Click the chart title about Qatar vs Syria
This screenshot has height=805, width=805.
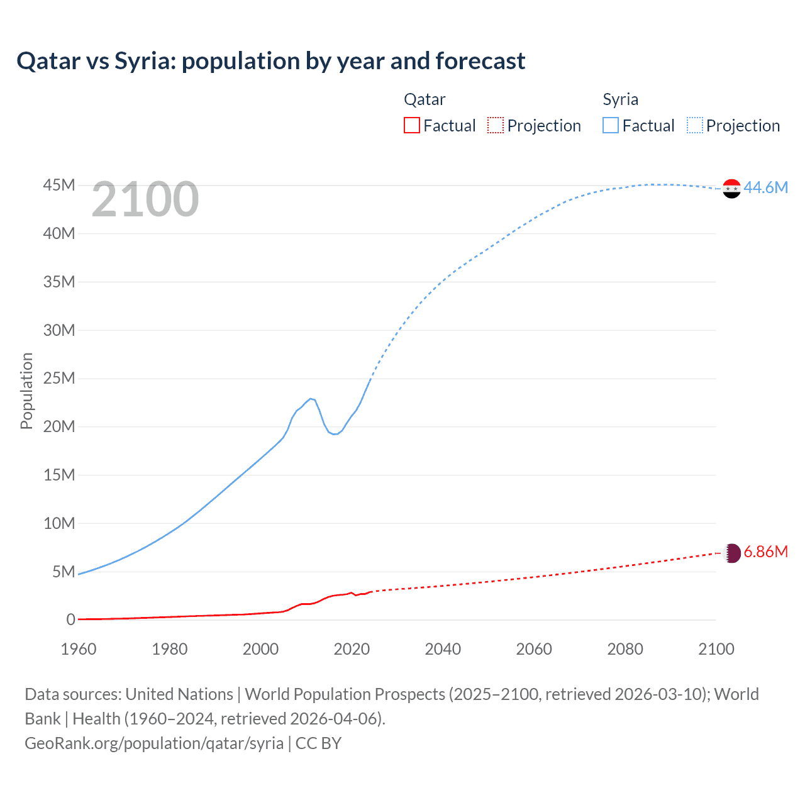270,61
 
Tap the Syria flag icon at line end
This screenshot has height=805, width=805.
731,188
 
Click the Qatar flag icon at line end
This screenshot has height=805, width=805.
731,553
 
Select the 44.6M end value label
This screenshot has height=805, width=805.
765,187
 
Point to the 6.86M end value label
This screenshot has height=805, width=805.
765,552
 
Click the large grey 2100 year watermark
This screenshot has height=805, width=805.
145,199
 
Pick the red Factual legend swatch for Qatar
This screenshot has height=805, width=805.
411,126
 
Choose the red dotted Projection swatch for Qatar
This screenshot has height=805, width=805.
496,126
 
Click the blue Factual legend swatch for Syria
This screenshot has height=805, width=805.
610,126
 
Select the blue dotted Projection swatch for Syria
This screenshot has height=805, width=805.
694,126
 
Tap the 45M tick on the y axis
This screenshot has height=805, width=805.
59,186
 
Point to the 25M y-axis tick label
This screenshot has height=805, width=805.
59,379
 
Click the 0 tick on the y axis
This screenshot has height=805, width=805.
70,620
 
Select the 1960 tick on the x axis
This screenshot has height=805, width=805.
79,649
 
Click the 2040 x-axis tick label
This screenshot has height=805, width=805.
443,649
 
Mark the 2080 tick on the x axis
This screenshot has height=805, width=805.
625,649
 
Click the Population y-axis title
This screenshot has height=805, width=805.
26,391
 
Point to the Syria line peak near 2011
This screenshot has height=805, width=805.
311,398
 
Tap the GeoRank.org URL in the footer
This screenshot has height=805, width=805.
154,743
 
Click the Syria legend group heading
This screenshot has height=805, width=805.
620,99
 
